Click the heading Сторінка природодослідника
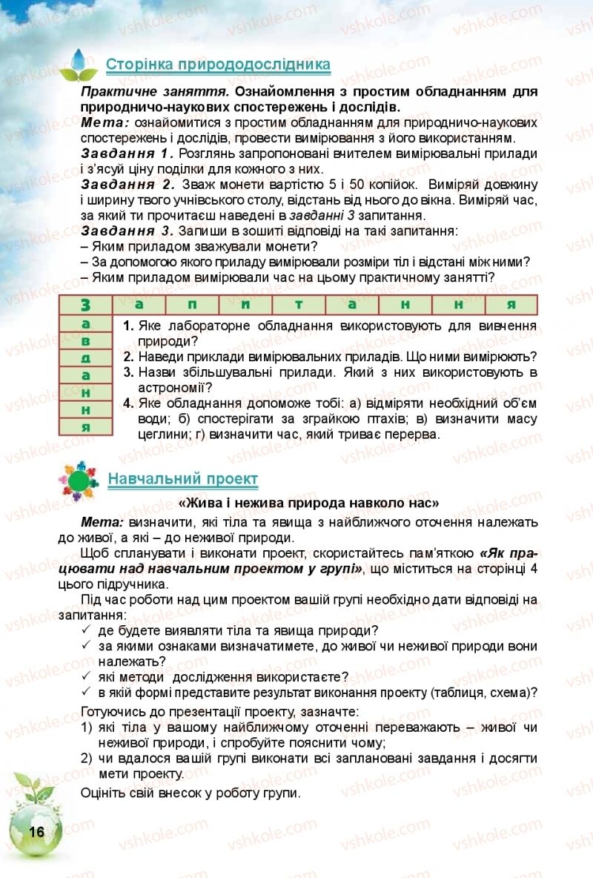point(219,65)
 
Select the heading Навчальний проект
point(183,479)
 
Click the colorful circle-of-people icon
point(76,481)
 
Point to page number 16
point(35,831)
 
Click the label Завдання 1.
point(127,154)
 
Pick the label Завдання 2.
point(127,184)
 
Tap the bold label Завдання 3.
point(127,231)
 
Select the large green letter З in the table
point(85,304)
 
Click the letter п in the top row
point(193,304)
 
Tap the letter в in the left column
point(85,340)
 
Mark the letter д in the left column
point(85,357)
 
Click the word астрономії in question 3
point(174,387)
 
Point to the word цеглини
point(160,435)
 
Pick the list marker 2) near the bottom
point(87,757)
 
